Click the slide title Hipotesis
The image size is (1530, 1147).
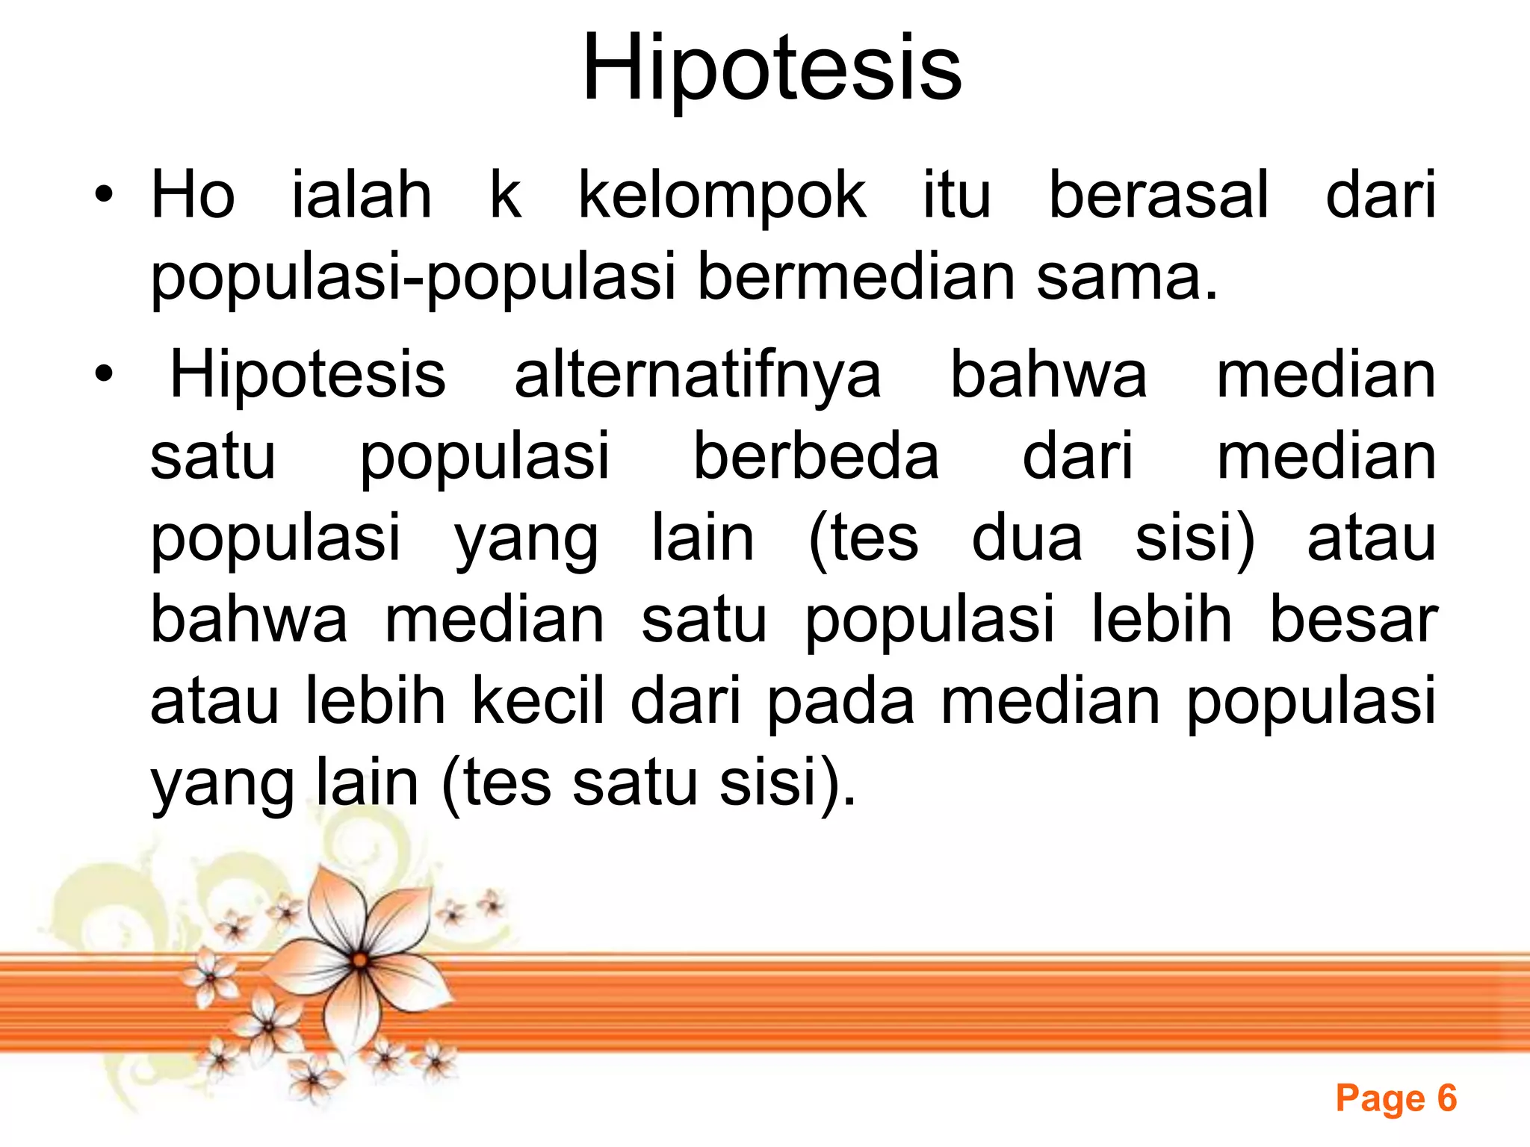coord(772,69)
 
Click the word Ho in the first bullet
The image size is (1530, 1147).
coord(193,196)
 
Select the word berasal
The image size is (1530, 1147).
coord(1159,196)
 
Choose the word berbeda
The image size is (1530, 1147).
coord(816,457)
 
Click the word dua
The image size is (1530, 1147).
coord(1026,538)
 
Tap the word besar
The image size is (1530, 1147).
coord(1353,620)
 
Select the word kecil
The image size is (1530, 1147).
coord(538,701)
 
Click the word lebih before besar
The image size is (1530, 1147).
coord(1162,620)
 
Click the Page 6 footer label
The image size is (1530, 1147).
coord(1396,1098)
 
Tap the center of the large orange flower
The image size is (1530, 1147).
coord(361,960)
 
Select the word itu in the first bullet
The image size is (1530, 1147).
coord(957,196)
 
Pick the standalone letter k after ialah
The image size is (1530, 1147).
coord(505,196)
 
